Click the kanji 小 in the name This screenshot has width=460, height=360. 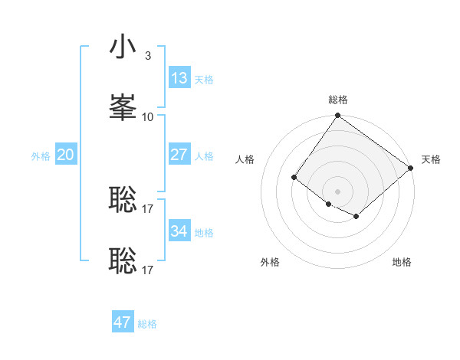[x=123, y=47]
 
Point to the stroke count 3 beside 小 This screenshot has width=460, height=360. [x=147, y=56]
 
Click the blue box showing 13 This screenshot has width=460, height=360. [x=179, y=77]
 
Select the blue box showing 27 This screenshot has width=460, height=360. [x=179, y=154]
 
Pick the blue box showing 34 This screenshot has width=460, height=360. [x=179, y=231]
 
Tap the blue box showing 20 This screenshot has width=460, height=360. [x=65, y=155]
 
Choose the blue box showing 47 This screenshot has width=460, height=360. [x=123, y=322]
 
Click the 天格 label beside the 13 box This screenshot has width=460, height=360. [x=204, y=79]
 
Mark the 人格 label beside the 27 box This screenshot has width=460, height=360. [x=204, y=155]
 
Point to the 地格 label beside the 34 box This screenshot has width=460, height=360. [x=204, y=232]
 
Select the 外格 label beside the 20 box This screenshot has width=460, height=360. [x=41, y=155]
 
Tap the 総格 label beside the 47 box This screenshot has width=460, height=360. [x=147, y=324]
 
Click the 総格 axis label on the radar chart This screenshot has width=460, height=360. [x=338, y=100]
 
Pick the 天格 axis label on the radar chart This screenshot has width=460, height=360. [x=431, y=159]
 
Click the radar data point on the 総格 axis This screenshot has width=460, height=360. [x=338, y=116]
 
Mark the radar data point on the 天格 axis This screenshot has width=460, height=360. [x=411, y=168]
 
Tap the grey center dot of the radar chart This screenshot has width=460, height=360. [x=338, y=191]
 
